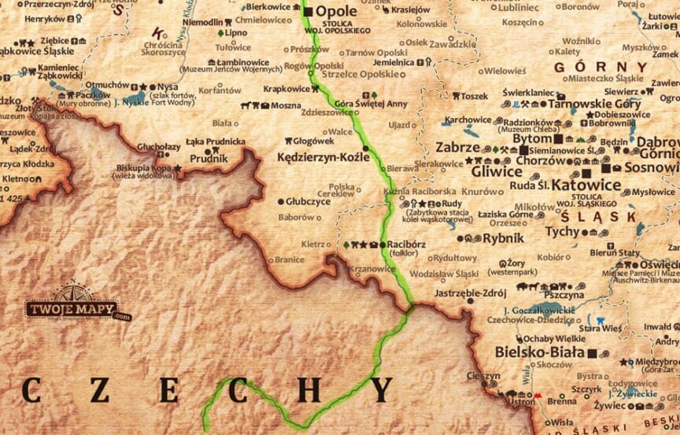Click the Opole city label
click(336, 12)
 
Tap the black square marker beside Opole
click(309, 12)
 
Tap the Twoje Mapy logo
click(72, 309)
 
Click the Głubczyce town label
click(308, 201)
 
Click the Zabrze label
click(457, 147)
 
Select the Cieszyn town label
click(482, 376)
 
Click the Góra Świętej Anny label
click(360, 104)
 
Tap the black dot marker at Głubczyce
click(280, 201)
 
